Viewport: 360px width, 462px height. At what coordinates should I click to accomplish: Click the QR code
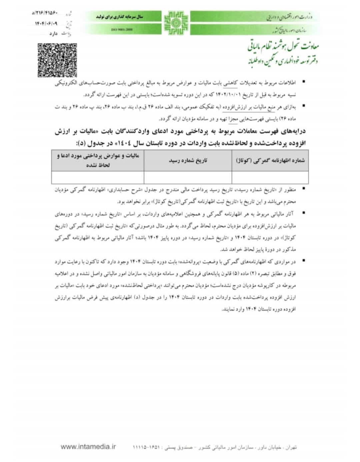pyautogui.click(x=57, y=60)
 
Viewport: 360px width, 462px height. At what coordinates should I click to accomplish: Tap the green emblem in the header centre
pyautogui.click(x=176, y=23)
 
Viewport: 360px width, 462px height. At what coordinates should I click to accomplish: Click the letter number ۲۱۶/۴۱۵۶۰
pyautogui.click(x=45, y=13)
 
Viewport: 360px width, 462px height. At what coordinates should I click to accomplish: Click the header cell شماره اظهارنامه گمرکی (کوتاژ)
pyautogui.click(x=270, y=160)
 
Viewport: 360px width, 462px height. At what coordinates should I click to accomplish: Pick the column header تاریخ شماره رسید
pyautogui.click(x=188, y=160)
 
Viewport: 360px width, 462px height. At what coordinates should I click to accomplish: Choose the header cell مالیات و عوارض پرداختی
pyautogui.click(x=98, y=160)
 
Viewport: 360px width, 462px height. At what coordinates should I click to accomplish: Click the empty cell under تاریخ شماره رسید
pyautogui.click(x=188, y=177)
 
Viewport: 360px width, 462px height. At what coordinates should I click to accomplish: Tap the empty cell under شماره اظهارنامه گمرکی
pyautogui.click(x=270, y=177)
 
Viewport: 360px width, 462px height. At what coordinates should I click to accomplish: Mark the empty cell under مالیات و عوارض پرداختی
pyautogui.click(x=98, y=177)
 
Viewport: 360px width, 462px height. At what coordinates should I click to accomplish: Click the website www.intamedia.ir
pyautogui.click(x=88, y=447)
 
